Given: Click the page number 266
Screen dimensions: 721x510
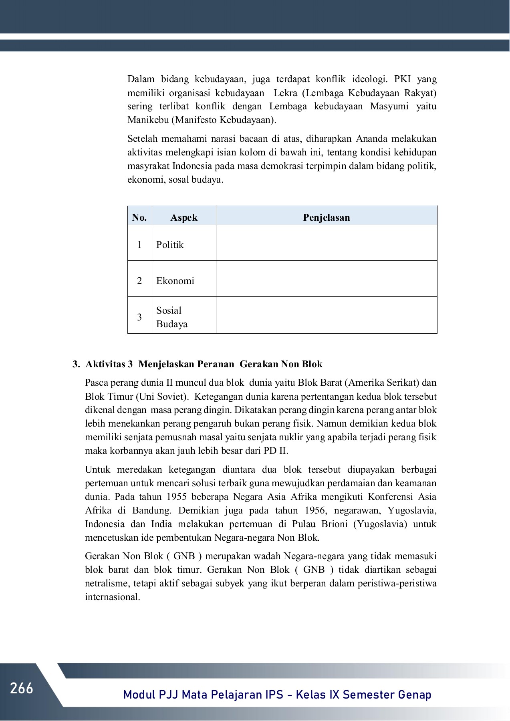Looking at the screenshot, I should (x=22, y=688).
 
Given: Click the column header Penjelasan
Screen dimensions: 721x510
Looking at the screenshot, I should (x=326, y=218).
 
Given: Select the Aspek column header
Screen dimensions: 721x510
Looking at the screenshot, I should (x=184, y=218).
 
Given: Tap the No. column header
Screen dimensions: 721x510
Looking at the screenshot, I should (x=139, y=218).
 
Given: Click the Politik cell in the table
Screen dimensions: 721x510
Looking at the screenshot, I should (x=170, y=245).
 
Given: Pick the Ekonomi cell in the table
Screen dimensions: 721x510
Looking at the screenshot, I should (x=175, y=281).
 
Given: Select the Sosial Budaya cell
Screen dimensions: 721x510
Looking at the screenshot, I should (x=172, y=317).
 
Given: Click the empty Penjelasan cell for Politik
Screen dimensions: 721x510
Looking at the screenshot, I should (x=326, y=243).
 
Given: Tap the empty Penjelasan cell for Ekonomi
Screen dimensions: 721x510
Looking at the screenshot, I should (x=326, y=279).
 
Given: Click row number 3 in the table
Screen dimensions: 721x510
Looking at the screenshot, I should (x=139, y=317).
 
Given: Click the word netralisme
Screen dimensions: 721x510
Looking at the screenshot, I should (x=107, y=583).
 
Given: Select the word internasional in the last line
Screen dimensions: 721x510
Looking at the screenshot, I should (x=112, y=597).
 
